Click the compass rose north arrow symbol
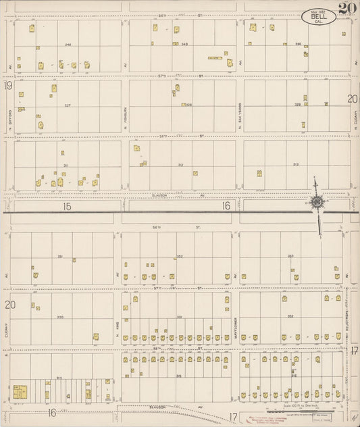[315, 202]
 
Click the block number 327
[68, 105]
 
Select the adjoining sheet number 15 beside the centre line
[66, 206]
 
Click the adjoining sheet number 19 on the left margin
[8, 86]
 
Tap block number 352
[180, 256]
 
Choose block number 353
[291, 256]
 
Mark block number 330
[60, 316]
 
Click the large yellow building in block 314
[19, 391]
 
